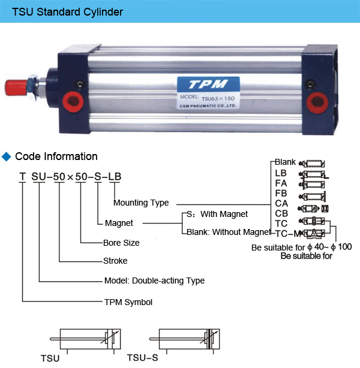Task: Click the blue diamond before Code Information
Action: click(7, 157)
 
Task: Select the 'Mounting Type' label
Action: click(141, 203)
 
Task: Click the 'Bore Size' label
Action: click(121, 243)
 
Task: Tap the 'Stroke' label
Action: click(115, 261)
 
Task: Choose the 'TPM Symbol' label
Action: click(128, 301)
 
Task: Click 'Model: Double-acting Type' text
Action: click(154, 280)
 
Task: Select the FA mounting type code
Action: click(281, 183)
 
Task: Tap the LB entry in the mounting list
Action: click(281, 173)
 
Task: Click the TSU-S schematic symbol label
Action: click(142, 358)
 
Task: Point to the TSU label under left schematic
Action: click(50, 358)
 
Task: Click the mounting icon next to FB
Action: click(315, 195)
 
